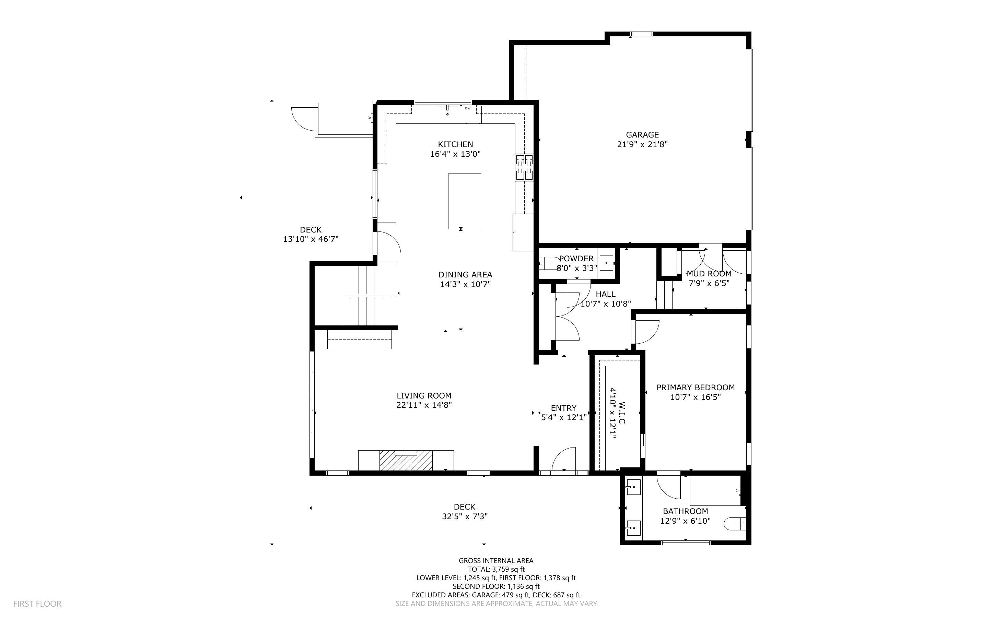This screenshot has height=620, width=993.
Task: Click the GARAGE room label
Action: pyautogui.click(x=642, y=134)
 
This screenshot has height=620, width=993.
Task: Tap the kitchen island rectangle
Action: pyautogui.click(x=464, y=201)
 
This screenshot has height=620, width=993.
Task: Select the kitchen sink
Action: pyautogui.click(x=447, y=114)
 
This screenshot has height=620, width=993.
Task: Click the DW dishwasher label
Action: pyautogui.click(x=467, y=108)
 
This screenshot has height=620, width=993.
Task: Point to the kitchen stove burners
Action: pyautogui.click(x=524, y=167)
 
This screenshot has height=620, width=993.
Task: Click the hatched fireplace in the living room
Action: pyautogui.click(x=406, y=461)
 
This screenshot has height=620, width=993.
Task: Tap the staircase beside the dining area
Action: pyautogui.click(x=370, y=295)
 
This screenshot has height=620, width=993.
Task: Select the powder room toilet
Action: pyautogui.click(x=546, y=263)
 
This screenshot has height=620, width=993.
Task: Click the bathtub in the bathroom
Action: pyautogui.click(x=715, y=490)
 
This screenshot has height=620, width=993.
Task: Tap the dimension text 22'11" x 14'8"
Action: pyautogui.click(x=424, y=405)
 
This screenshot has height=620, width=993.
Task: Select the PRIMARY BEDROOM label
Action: pyautogui.click(x=695, y=387)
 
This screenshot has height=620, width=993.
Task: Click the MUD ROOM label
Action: pyautogui.click(x=709, y=274)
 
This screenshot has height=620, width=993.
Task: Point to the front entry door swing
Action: pyautogui.click(x=564, y=461)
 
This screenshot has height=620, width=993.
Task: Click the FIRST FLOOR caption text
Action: pyautogui.click(x=37, y=604)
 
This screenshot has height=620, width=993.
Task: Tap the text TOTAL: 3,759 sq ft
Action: pyautogui.click(x=496, y=569)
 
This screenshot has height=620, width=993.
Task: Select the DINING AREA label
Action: pyautogui.click(x=465, y=275)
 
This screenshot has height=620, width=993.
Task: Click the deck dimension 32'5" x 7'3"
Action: pyautogui.click(x=464, y=516)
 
